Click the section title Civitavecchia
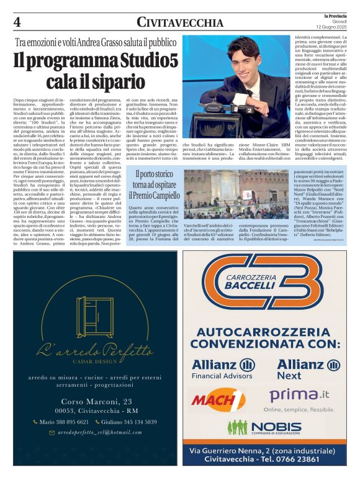pos(180,23)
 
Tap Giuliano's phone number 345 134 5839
pos(128,422)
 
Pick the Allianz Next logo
pos(305,368)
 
